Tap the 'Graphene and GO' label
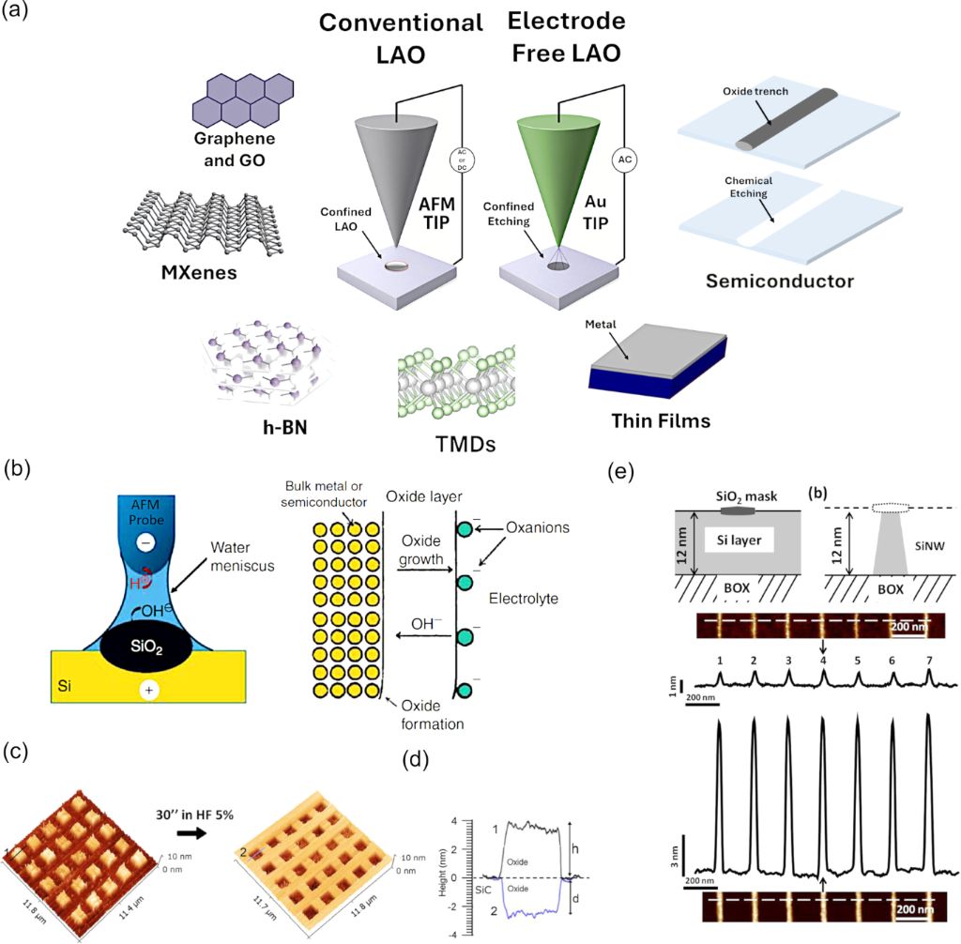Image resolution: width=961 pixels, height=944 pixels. click(x=230, y=152)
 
